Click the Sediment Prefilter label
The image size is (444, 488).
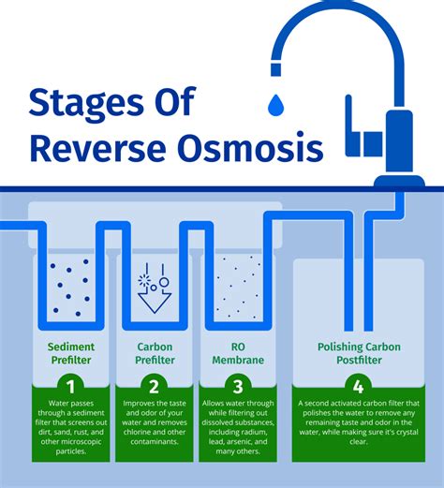click(71, 353)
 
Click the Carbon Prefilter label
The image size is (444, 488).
click(154, 353)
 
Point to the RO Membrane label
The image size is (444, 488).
click(238, 353)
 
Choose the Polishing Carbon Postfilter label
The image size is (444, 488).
click(357, 353)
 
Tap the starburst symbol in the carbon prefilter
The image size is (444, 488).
click(145, 280)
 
